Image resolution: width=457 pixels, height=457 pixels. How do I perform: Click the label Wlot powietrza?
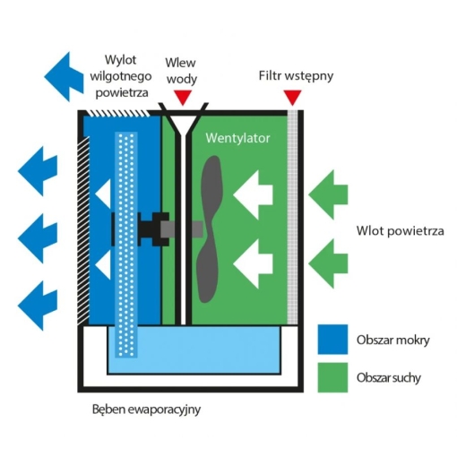coord(400,230)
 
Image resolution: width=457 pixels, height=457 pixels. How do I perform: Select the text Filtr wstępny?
coord(295,75)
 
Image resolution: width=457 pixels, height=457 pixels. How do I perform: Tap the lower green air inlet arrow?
coord(329,261)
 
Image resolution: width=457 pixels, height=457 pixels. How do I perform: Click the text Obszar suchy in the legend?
coord(388,377)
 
